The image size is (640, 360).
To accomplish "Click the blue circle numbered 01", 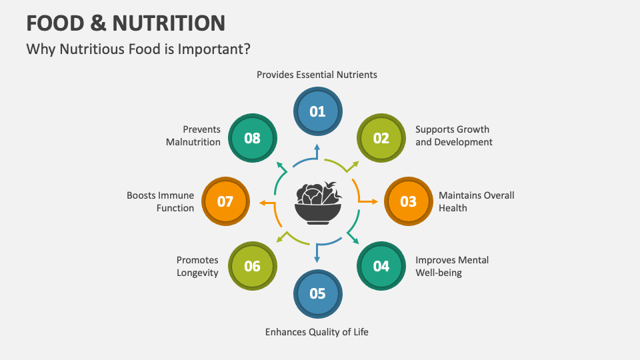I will pyautogui.click(x=317, y=111).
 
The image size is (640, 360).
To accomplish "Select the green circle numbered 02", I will pyautogui.click(x=381, y=139).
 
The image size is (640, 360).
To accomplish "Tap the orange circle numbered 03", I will pyautogui.click(x=408, y=201).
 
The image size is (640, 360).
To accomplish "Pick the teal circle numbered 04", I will pyautogui.click(x=381, y=266).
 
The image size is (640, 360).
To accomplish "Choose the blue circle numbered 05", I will pyautogui.click(x=317, y=293).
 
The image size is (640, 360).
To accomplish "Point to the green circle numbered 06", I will pyautogui.click(x=252, y=266).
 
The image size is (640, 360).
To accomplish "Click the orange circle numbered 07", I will pyautogui.click(x=225, y=201).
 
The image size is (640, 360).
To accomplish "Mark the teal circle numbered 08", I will pyautogui.click(x=252, y=139).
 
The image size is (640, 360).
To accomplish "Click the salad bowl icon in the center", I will pyautogui.click(x=318, y=203).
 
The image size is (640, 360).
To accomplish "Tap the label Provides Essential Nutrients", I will pyautogui.click(x=317, y=75).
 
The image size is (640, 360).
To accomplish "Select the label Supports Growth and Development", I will pyautogui.click(x=453, y=135).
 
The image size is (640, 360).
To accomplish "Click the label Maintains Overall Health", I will pyautogui.click(x=476, y=201).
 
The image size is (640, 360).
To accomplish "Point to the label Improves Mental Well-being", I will pyautogui.click(x=452, y=266).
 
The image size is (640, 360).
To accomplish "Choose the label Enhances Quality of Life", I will pyautogui.click(x=317, y=331).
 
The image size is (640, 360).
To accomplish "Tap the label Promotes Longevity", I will pyautogui.click(x=197, y=266).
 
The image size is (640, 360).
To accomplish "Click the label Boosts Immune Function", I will pyautogui.click(x=161, y=201).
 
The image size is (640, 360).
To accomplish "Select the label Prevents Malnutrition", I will pyautogui.click(x=193, y=135).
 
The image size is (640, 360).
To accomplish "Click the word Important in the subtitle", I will pyautogui.click(x=215, y=49).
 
